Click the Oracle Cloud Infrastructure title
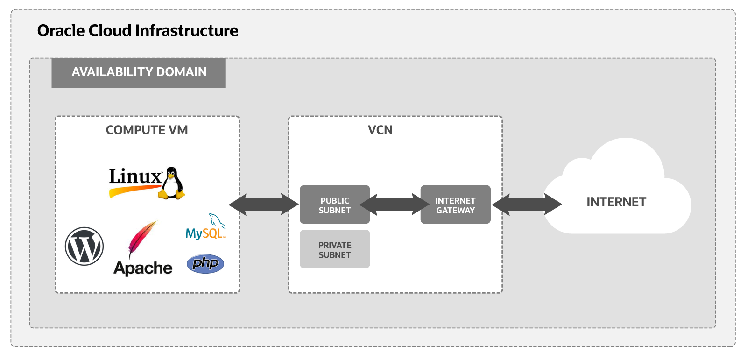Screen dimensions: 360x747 (x=138, y=31)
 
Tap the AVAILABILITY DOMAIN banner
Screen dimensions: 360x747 (x=139, y=72)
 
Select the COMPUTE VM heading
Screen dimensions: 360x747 (x=147, y=130)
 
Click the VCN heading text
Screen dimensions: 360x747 (x=380, y=130)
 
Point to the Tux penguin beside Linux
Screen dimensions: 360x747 (x=172, y=183)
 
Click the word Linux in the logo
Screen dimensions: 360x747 (x=135, y=177)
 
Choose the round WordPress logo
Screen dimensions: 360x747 (x=85, y=246)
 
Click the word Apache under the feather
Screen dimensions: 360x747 (x=143, y=268)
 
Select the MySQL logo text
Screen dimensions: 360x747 (x=204, y=233)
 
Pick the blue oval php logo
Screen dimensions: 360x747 (x=205, y=264)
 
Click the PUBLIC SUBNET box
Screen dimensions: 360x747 (x=335, y=205)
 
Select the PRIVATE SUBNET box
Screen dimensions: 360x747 (x=335, y=249)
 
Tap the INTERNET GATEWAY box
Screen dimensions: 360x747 (x=455, y=205)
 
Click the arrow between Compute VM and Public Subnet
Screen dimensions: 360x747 (x=264, y=205)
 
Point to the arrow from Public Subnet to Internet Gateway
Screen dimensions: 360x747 (x=395, y=205)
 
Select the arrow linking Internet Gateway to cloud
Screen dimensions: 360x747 (x=527, y=205)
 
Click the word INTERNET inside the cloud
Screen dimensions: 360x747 (x=616, y=202)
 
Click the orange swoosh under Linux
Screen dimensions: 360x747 (x=133, y=190)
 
